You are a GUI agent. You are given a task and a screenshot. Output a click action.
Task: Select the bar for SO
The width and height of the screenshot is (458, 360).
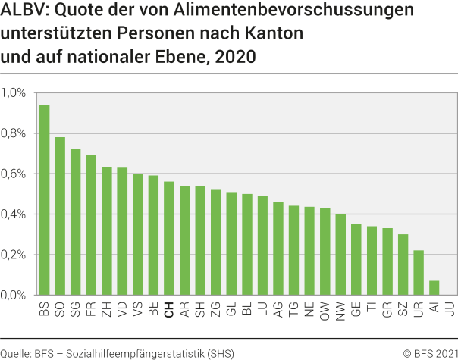[x=60, y=216]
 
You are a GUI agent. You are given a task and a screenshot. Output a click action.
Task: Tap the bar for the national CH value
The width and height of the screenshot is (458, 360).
[x=169, y=238]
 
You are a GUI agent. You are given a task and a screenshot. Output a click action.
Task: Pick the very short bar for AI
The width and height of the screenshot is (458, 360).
[x=434, y=288]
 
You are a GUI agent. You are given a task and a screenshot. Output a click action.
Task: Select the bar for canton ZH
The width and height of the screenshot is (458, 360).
[x=107, y=231]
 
